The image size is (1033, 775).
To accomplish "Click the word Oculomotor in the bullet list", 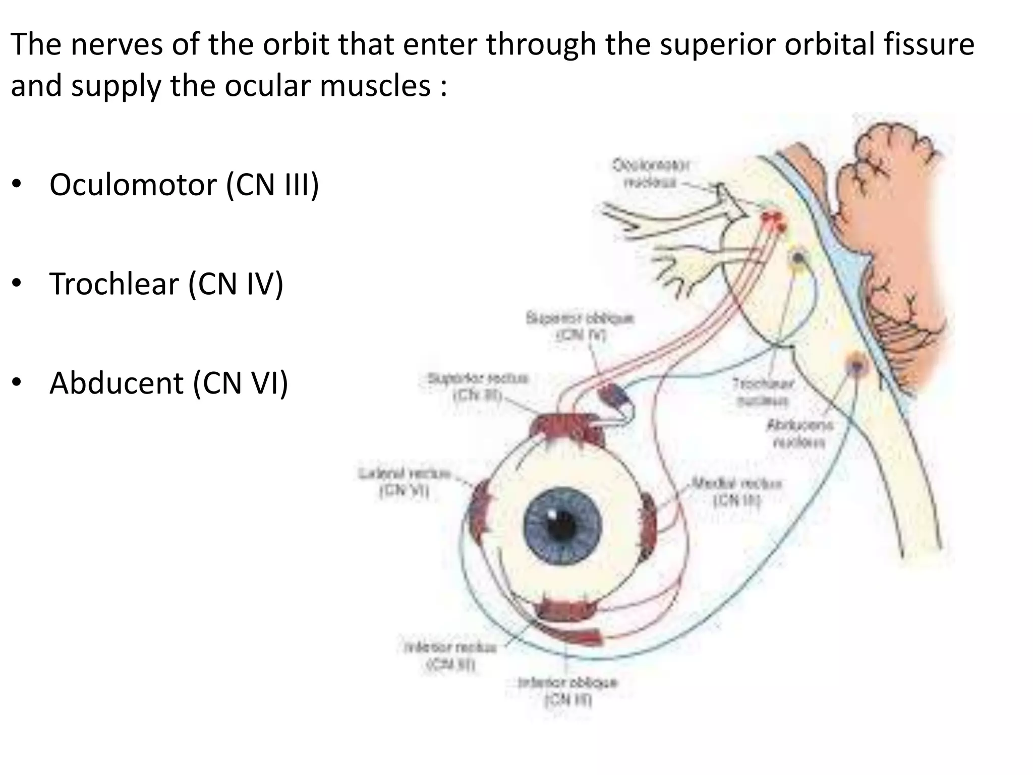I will click(x=133, y=185).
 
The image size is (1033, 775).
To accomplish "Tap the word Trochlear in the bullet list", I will click(x=114, y=284).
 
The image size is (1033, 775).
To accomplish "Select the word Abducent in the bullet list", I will click(x=117, y=383).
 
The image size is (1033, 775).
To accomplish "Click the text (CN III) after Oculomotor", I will click(x=272, y=185).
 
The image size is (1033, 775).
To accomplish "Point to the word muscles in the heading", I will click(x=375, y=86).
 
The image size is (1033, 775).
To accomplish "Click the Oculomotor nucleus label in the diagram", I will click(x=651, y=173).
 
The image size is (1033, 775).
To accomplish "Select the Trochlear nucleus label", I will click(x=763, y=392).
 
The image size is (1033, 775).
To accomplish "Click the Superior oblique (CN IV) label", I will click(x=580, y=326).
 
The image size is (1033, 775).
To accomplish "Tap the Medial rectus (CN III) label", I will click(x=736, y=491).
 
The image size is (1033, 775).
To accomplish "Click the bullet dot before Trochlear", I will click(x=17, y=284).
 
